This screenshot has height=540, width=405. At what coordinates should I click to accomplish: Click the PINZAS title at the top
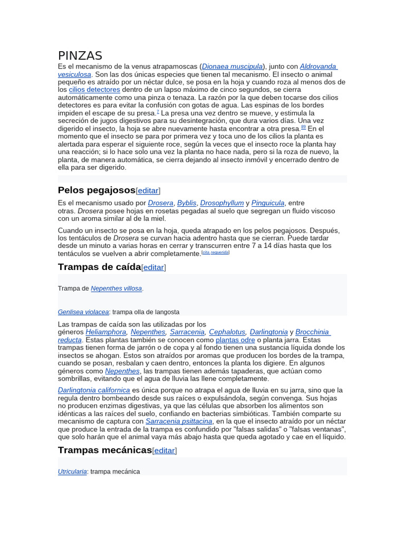pos(80,55)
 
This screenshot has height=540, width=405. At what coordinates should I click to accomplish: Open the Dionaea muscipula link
pos(233,66)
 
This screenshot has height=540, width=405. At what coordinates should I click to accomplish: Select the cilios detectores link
pos(94,90)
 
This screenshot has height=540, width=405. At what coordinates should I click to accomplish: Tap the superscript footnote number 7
pos(158,112)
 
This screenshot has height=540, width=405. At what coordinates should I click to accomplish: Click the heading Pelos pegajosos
pos(97,190)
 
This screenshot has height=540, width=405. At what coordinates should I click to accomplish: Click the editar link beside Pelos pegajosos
pos(148,190)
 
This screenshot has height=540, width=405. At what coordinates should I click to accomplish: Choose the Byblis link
pos(187,203)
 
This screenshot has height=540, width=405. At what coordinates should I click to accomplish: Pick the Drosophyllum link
pos(222,203)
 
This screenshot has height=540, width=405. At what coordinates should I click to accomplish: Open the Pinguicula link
pos(268,203)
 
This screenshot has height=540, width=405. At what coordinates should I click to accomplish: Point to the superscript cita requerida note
pos(216,253)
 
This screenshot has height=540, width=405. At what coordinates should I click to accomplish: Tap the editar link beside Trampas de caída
pos(154,267)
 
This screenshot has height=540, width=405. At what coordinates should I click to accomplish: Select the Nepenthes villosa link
pos(117,288)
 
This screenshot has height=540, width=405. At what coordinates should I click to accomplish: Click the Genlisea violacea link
pos(83,312)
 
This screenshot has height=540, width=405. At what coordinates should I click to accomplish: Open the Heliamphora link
pos(106,332)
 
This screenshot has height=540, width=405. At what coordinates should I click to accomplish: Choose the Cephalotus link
pos(227,332)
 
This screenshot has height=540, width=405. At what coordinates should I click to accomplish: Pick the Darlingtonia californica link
pos(94,390)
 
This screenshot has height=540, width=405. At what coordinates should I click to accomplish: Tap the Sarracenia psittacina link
pos(179,421)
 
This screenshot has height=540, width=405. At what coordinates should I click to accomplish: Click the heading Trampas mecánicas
pos(104,450)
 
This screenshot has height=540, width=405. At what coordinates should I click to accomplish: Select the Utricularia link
pos(72,471)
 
